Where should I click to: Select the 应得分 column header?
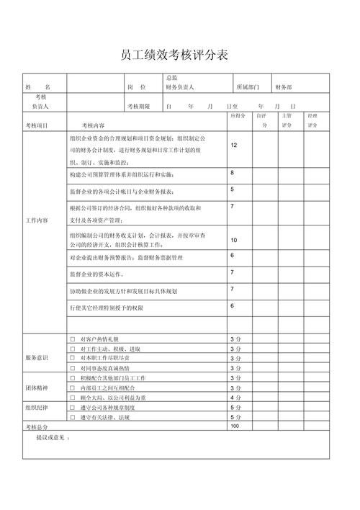pos(238,115)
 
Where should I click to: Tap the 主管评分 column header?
pos(287,120)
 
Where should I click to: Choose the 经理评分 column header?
pos(312,120)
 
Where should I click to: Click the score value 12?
pos(234,145)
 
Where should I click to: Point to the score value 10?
pos(234,239)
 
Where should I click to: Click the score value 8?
pos(232,173)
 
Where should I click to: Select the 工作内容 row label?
pos(37,220)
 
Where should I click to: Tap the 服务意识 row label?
pos(37,358)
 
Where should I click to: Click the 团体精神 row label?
pos(37,388)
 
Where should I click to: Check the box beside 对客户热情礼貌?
pos(72,339)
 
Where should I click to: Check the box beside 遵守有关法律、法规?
pos(72,417)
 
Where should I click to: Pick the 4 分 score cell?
pos(235,398)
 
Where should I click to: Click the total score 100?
pos(235,426)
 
